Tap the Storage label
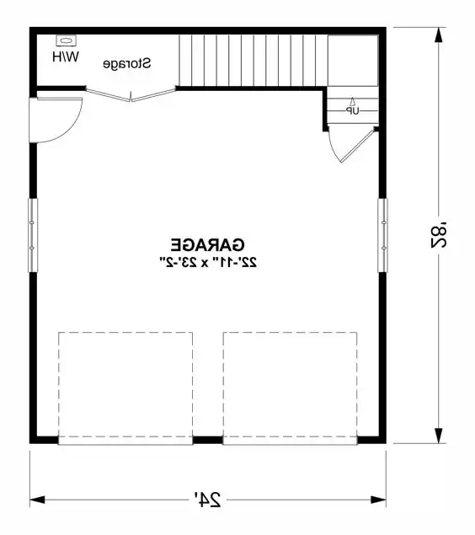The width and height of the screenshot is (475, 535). (128, 63)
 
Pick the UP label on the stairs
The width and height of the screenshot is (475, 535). (351, 110)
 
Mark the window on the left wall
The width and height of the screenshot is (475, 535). (33, 235)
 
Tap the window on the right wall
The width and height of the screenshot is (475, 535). (383, 235)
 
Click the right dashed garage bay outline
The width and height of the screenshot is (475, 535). (290, 386)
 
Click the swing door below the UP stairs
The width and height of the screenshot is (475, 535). (350, 145)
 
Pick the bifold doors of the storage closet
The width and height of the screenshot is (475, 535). (131, 95)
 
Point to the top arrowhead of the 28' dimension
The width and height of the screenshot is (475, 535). (439, 35)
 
